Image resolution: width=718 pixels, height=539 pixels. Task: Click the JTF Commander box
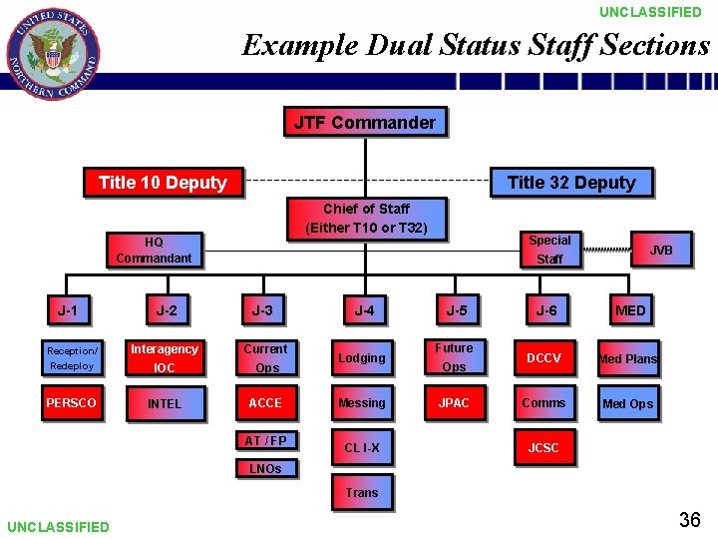365,123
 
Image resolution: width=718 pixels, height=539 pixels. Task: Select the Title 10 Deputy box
163,183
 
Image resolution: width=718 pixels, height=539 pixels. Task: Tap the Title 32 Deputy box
571,183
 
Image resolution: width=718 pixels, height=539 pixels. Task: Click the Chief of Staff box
366,219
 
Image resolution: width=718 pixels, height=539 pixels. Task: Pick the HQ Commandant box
154,250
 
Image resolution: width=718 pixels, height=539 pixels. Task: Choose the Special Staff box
549,250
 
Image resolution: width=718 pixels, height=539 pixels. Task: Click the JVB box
661,250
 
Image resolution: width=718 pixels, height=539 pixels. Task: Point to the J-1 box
67,311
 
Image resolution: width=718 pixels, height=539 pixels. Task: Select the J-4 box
364,311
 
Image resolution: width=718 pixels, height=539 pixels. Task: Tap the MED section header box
630,311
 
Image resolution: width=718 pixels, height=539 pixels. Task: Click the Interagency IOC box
165,358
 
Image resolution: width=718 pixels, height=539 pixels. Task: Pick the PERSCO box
71,403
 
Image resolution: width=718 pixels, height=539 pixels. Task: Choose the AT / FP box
266,441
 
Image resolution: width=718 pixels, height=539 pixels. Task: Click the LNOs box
264,468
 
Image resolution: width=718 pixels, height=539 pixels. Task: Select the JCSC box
543,448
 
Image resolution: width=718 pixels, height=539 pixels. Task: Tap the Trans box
362,493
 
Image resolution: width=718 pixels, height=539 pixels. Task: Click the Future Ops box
454,357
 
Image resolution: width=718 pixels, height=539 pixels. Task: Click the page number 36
689,519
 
